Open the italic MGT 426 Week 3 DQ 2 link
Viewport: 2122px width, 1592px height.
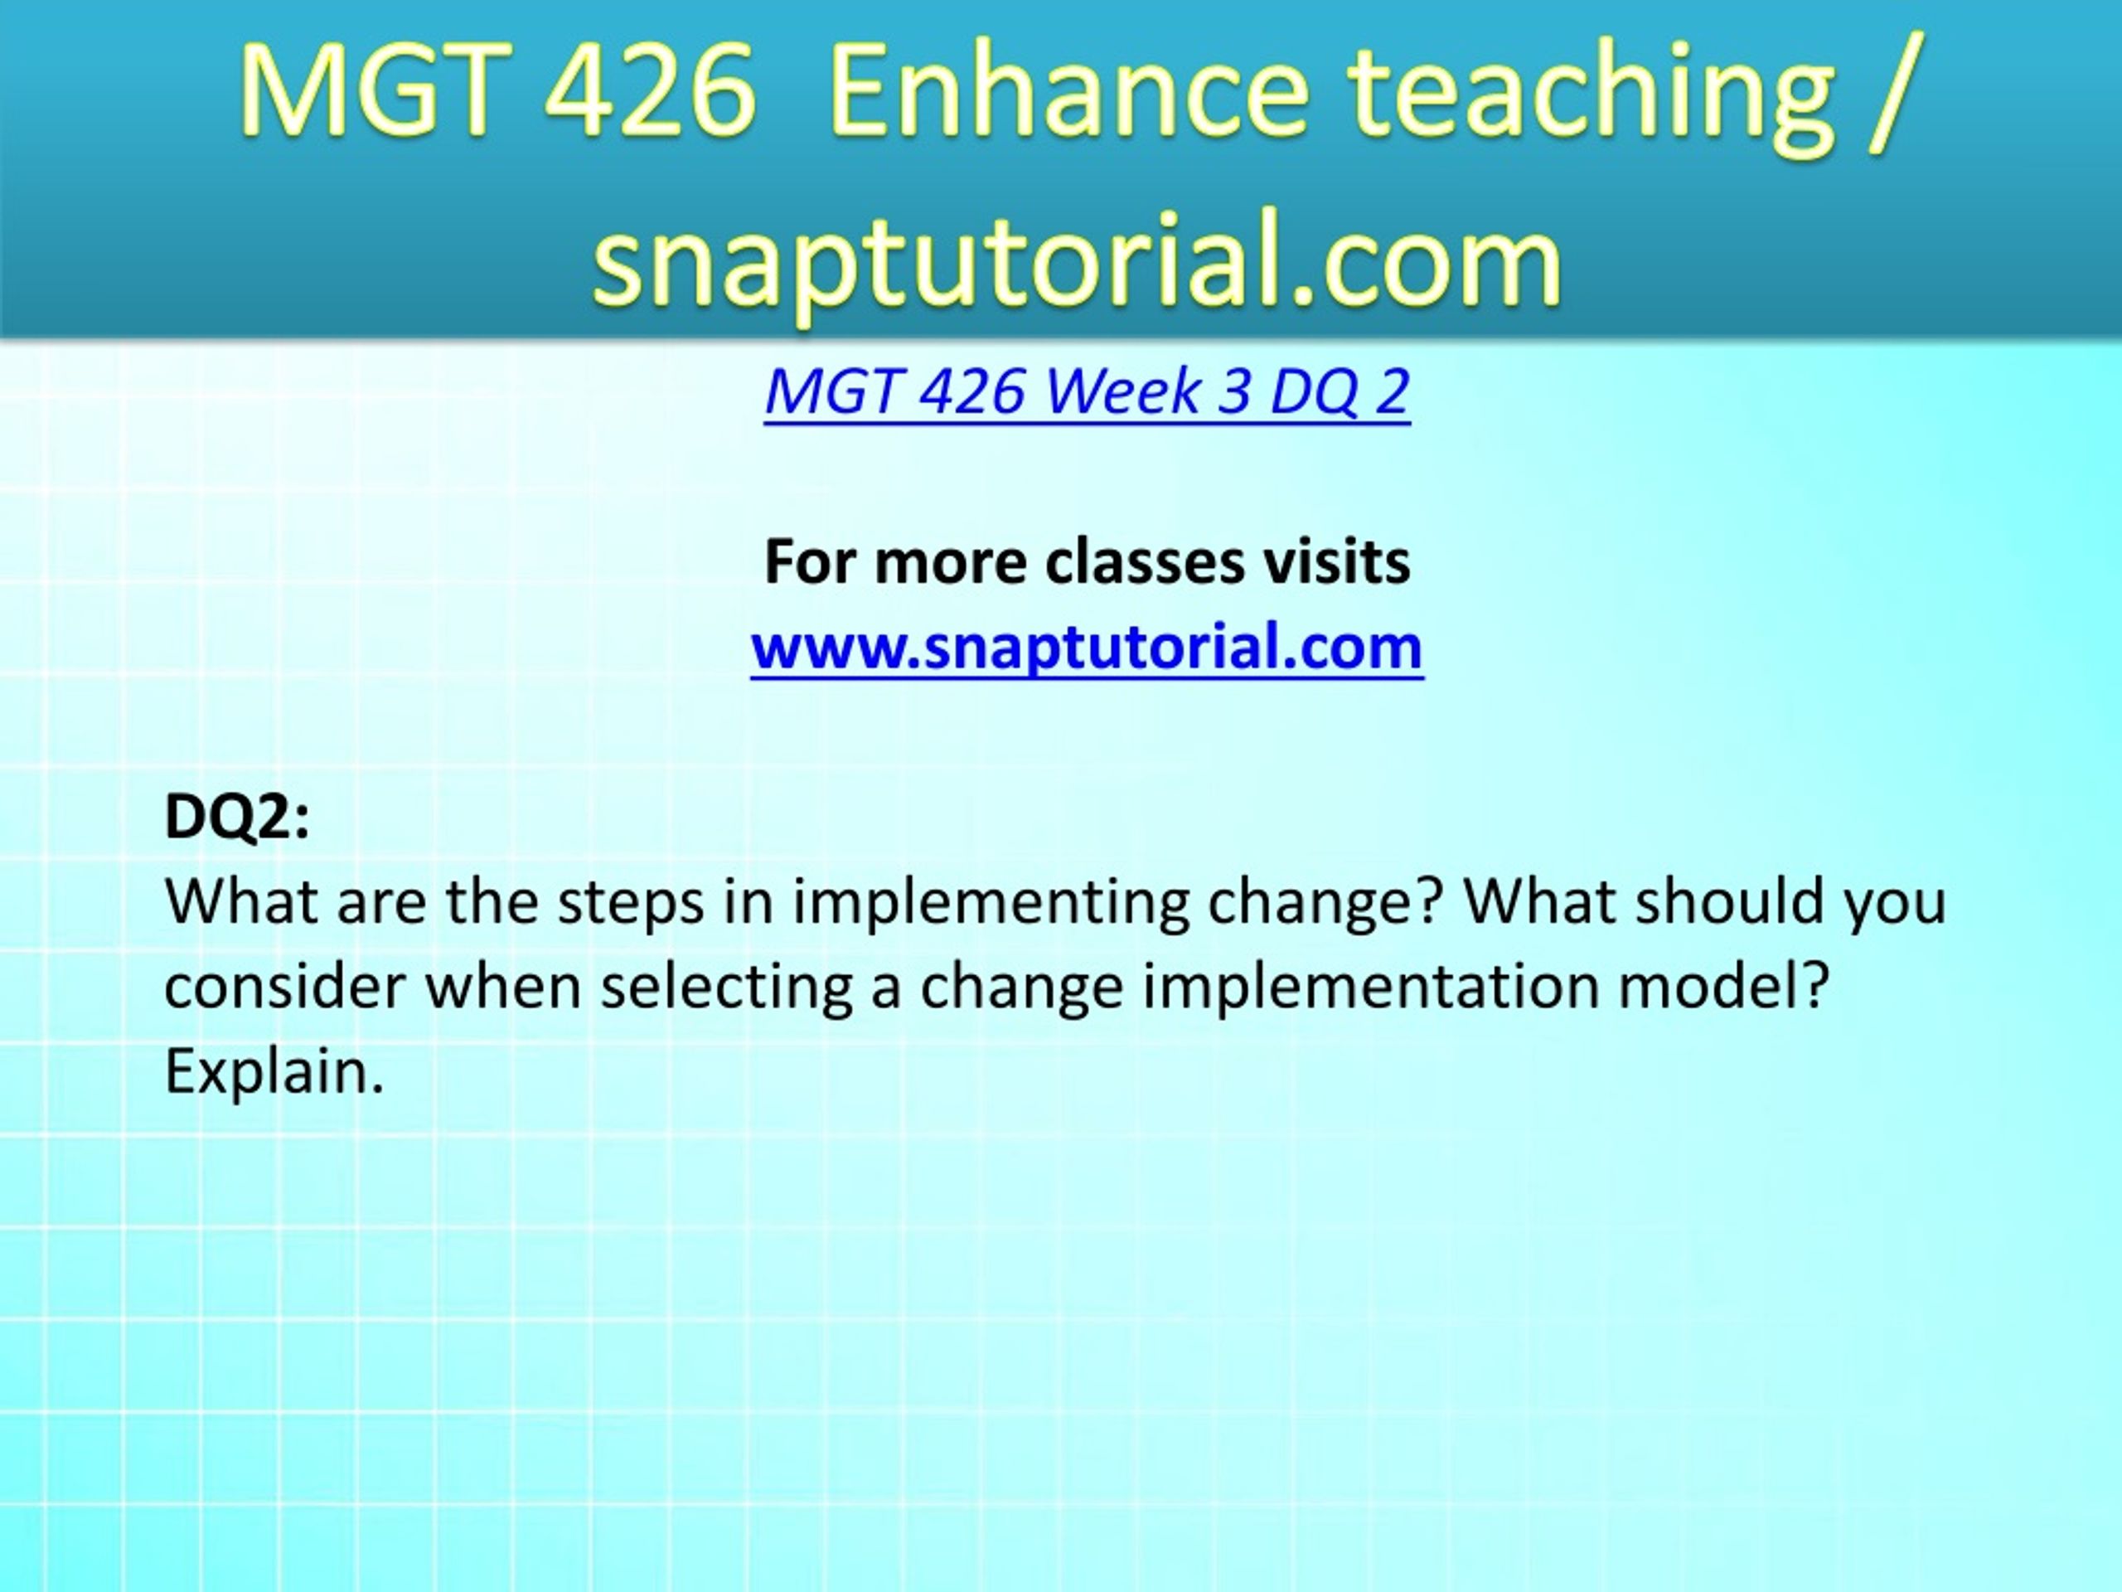pos(1087,391)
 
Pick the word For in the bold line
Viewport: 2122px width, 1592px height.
pos(811,561)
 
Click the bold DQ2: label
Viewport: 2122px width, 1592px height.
pos(237,818)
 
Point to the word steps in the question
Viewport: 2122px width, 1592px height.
pos(632,904)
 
